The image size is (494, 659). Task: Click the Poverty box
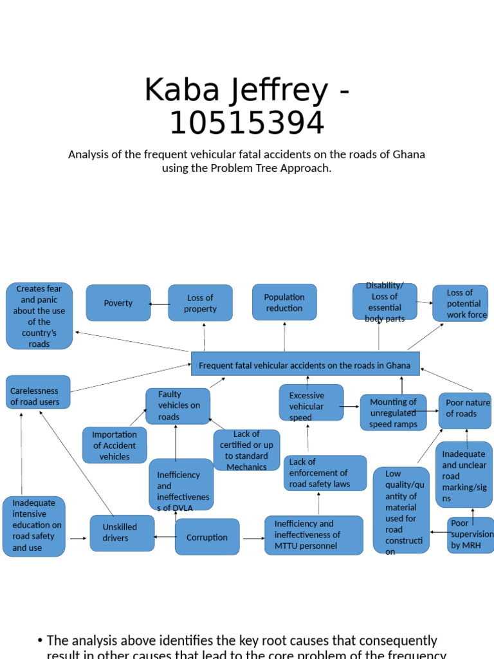coord(118,303)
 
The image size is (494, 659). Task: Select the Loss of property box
coord(200,303)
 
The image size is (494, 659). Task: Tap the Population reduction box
coord(284,302)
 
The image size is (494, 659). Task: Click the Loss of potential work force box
coord(460,303)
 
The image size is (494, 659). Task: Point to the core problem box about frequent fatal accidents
coord(305,364)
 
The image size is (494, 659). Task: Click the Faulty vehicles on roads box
coord(178,405)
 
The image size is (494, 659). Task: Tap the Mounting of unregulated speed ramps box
coord(393,413)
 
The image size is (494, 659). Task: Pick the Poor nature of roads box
coord(465,410)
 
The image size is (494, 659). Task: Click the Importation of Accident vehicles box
coord(114,445)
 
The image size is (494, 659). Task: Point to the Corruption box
coord(207,537)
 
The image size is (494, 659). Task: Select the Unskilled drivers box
coord(122,533)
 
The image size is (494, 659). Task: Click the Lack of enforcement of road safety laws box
coord(325,473)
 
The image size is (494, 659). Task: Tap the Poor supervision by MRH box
coord(471,534)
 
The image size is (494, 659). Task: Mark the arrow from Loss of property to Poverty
coord(159,304)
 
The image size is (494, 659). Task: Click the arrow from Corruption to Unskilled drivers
coord(165,537)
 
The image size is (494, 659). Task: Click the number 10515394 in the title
coord(247,123)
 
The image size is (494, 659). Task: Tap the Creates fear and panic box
coord(39,316)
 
